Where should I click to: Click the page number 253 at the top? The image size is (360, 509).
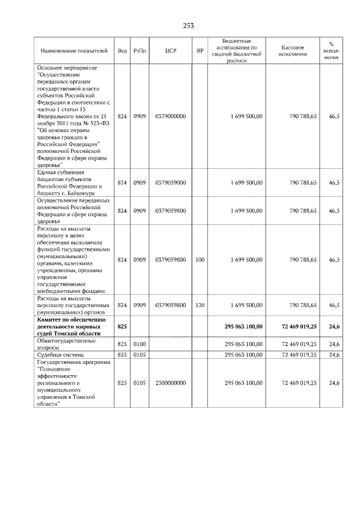click(188, 25)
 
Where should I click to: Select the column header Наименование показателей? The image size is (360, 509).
click(74, 51)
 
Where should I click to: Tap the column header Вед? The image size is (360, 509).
click(122, 51)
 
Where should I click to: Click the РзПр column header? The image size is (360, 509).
click(140, 51)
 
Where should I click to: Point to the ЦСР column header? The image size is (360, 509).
click(171, 51)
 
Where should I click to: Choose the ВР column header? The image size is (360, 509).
click(200, 51)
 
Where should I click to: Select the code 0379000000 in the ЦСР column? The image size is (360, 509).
click(171, 116)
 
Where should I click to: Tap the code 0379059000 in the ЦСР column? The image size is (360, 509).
click(171, 183)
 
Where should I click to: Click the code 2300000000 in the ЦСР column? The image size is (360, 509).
click(171, 382)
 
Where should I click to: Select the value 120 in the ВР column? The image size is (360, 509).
click(200, 305)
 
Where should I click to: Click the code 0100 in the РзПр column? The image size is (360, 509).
click(140, 344)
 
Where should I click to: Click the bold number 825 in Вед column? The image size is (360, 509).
click(122, 326)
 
